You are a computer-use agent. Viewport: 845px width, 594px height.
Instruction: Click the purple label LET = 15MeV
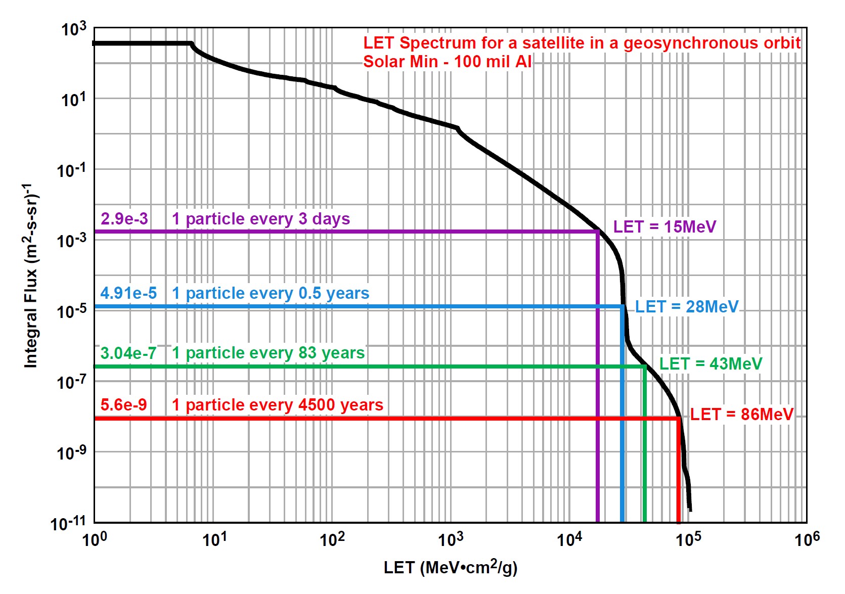click(664, 227)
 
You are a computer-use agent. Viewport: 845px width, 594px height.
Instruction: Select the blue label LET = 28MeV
click(687, 307)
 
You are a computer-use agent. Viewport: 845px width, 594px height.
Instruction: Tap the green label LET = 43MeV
click(710, 363)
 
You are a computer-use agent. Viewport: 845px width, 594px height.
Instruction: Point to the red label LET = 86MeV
click(741, 415)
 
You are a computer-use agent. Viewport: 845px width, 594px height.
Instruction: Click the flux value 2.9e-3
click(124, 219)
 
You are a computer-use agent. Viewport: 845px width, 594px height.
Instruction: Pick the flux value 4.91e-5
click(128, 293)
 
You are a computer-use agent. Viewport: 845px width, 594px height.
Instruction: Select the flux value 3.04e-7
click(128, 353)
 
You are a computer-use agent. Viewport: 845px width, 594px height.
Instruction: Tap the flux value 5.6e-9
click(124, 405)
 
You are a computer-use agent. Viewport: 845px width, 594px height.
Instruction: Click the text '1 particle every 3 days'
click(261, 219)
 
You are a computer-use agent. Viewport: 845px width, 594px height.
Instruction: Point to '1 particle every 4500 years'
click(278, 405)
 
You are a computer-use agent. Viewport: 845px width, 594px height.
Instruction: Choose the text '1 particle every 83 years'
click(268, 353)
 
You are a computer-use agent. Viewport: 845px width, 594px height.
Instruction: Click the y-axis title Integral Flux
click(31, 276)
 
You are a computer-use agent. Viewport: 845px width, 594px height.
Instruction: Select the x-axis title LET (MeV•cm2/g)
click(451, 568)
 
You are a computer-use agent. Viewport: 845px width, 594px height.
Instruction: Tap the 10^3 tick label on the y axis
click(74, 29)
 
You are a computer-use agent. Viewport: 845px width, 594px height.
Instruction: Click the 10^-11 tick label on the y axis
click(68, 523)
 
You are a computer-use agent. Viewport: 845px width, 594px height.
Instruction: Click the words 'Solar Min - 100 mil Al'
click(447, 62)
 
